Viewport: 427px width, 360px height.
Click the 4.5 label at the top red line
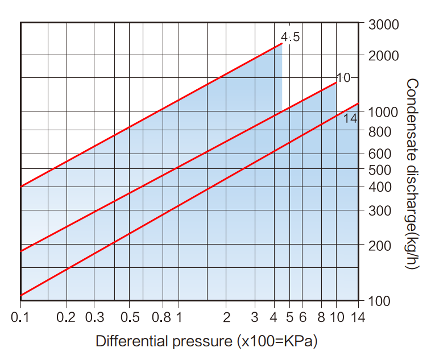coord(291,38)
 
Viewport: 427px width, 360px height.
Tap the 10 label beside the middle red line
coord(343,77)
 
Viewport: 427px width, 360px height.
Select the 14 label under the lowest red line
coord(351,119)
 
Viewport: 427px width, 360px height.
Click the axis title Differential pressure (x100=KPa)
coord(206,342)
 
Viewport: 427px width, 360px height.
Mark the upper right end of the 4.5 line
coord(281,43)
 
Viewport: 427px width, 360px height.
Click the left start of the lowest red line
coord(21,296)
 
